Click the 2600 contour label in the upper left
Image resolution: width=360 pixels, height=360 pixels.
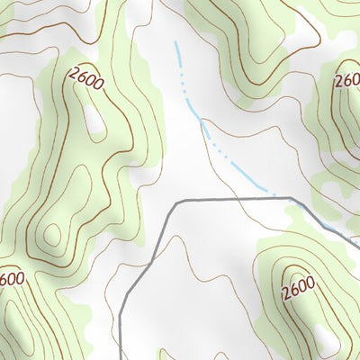pos(85,82)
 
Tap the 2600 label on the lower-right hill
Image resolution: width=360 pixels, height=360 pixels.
pos(298,291)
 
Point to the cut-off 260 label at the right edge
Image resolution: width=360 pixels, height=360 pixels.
pos(347,81)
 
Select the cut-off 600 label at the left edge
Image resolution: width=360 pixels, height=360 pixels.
pos(12,279)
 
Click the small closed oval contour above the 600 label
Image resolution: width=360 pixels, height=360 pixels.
pos(52,236)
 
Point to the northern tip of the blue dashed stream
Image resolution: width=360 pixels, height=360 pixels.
pos(175,43)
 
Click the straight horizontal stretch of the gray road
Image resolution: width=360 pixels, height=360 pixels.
pos(234,199)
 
